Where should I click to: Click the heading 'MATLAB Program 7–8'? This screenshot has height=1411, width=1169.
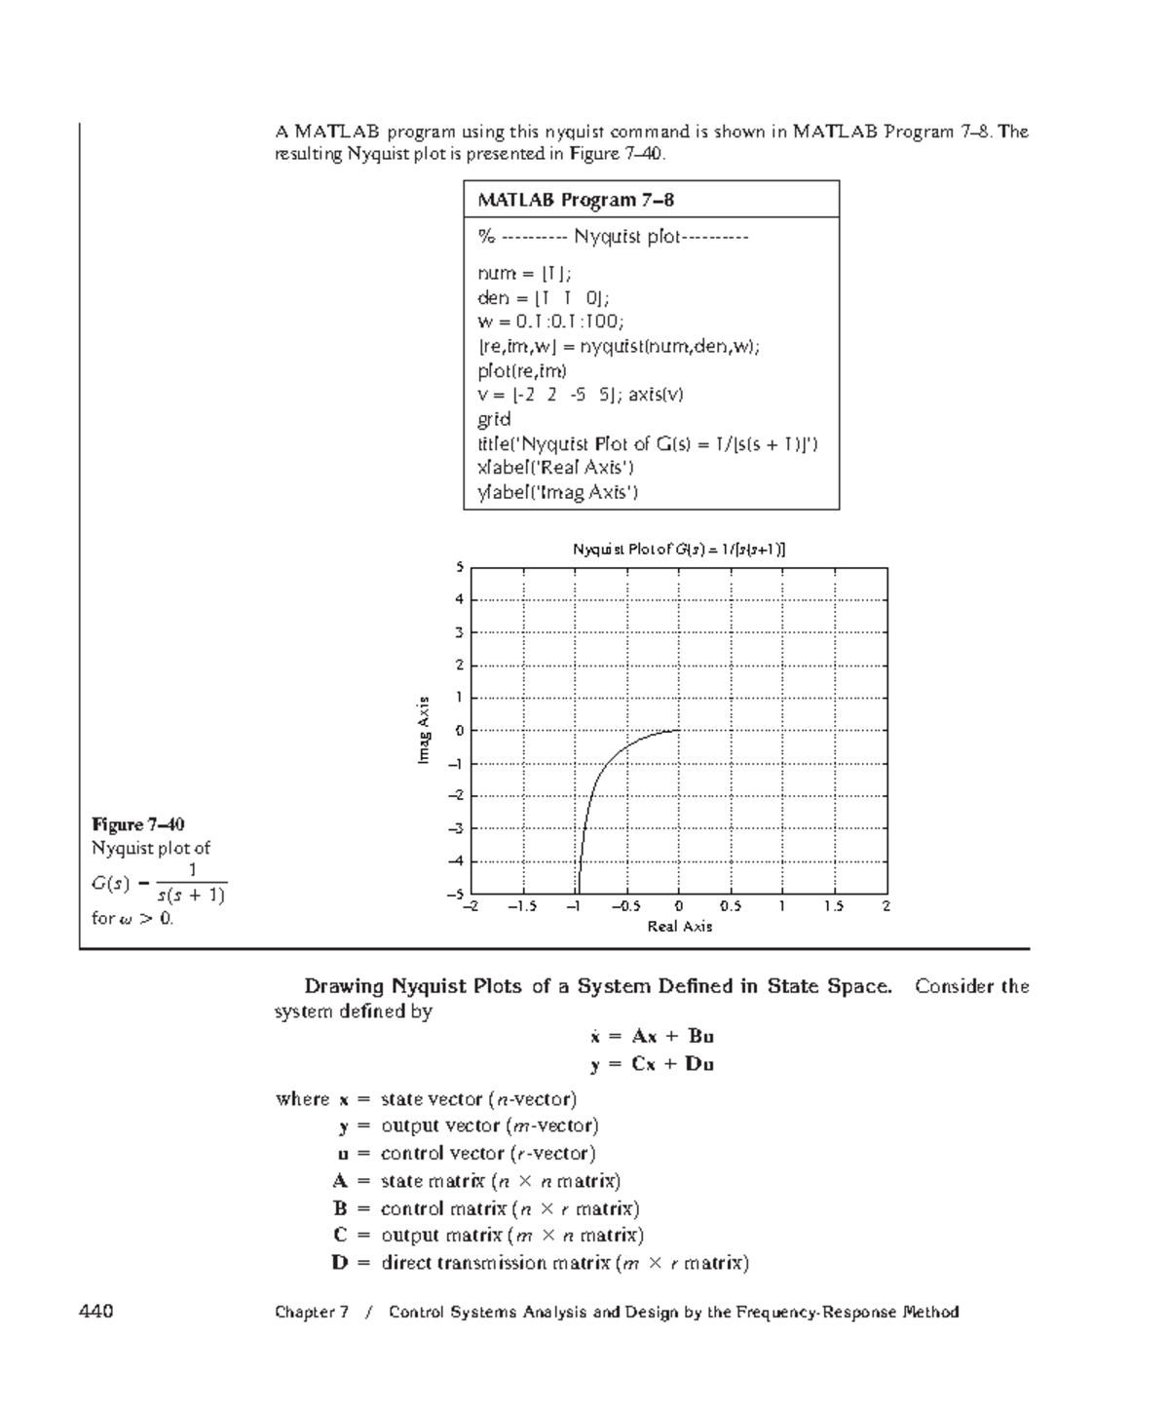576,200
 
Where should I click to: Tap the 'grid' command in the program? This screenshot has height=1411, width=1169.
494,419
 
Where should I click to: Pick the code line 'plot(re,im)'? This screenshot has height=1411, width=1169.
522,370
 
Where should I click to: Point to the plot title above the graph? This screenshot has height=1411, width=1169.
679,550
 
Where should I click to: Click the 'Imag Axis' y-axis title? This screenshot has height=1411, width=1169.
423,730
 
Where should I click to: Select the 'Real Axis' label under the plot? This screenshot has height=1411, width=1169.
680,927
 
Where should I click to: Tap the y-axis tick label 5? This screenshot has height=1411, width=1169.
461,568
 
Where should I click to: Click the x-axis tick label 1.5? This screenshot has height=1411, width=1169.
834,906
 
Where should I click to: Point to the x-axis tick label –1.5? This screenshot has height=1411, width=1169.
522,906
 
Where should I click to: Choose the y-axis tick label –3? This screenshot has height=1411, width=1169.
456,828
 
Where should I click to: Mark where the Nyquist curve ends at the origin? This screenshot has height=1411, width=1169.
679,730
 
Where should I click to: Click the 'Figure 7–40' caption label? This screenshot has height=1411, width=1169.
138,824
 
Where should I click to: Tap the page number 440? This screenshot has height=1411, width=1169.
96,1312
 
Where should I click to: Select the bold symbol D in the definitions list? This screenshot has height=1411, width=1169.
339,1264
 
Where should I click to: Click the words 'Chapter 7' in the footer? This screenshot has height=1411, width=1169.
312,1313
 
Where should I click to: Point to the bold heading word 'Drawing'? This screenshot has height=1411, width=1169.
343,986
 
